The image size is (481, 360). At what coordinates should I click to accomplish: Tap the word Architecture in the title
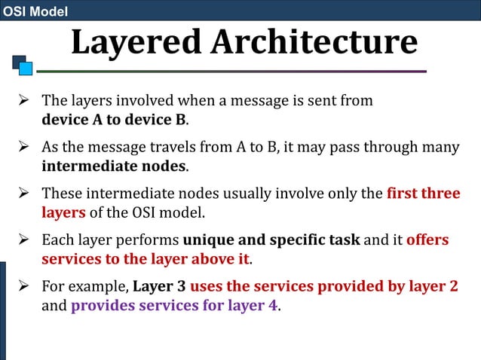[313, 42]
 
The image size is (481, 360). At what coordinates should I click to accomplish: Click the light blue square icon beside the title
[26, 69]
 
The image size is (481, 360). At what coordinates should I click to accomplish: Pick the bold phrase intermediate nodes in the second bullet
[114, 166]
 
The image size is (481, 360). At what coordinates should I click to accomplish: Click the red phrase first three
[423, 193]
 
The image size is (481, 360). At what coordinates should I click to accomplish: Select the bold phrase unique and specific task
[272, 240]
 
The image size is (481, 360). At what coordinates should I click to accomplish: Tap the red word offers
[427, 240]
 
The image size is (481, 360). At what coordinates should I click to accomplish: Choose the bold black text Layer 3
[159, 288]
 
